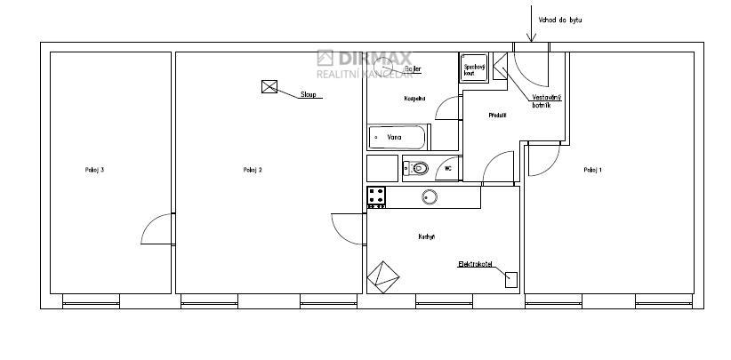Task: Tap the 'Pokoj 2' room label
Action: point(253,170)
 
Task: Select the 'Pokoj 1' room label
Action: point(593,170)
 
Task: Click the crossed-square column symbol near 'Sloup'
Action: point(270,86)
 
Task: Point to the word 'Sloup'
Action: point(309,93)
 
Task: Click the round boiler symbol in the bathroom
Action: point(383,65)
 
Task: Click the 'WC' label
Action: point(448,167)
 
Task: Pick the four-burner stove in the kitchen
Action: point(376,197)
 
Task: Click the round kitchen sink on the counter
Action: point(430,197)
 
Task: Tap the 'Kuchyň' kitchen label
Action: point(426,236)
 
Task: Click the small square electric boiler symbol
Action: point(510,279)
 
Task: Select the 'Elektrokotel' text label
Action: point(475,265)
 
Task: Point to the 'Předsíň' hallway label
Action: point(497,116)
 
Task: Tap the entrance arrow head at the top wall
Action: point(530,39)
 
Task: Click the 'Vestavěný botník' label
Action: point(546,100)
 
